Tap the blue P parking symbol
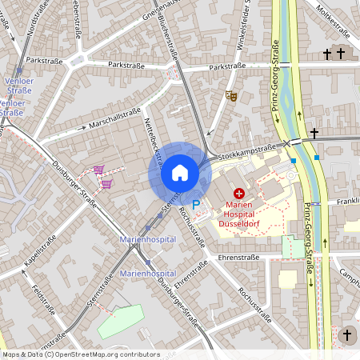coord(195,206)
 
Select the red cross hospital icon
coord(239,194)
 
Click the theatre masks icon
coord(231,96)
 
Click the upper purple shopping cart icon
coord(98,169)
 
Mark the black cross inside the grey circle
coord(346,334)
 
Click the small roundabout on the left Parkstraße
coord(78,61)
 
